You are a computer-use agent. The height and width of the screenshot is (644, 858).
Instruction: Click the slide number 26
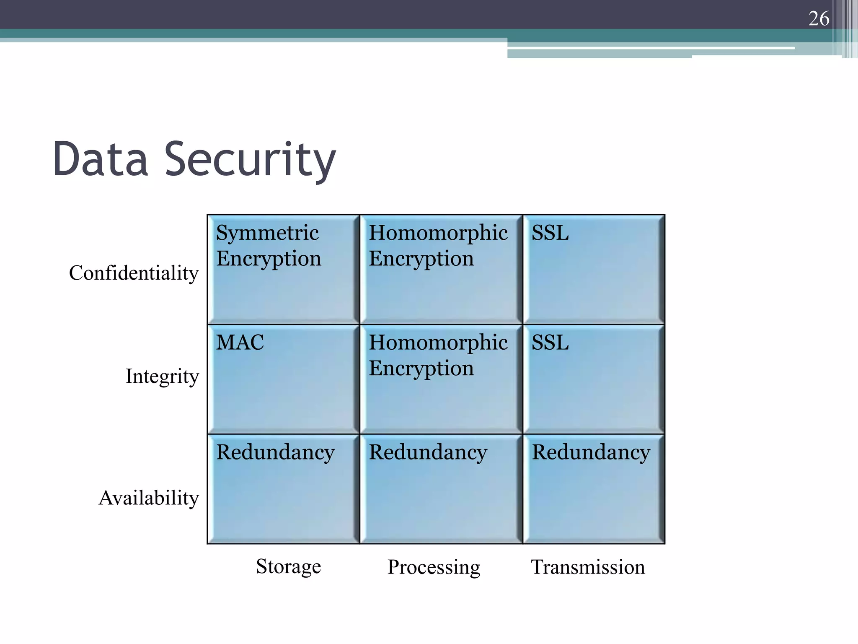819,19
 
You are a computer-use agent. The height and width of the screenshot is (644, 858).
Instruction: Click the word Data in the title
101,159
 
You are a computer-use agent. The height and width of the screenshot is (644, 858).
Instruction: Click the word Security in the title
250,160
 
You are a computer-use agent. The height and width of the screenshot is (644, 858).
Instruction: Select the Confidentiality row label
134,273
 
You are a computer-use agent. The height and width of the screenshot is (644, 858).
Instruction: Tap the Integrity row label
162,376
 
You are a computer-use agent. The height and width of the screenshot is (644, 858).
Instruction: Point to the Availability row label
149,498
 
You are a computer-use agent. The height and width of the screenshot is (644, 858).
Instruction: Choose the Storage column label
288,566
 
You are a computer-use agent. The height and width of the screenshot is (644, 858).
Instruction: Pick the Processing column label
434,567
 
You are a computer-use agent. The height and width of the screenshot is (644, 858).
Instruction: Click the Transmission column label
588,567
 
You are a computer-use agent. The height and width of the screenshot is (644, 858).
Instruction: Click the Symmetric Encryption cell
284,270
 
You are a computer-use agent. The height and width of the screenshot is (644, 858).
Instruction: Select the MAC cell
284,379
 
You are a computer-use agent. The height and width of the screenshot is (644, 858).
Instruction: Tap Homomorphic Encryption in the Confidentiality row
441,270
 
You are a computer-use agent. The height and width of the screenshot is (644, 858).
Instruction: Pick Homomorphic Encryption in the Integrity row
441,379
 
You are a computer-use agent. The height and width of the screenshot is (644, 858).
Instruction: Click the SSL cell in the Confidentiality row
594,270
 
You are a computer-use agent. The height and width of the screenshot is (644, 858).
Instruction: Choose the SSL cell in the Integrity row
594,379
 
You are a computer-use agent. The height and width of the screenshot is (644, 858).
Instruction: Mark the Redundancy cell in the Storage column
284,489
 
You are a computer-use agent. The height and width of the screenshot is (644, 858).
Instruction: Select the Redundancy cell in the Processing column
441,489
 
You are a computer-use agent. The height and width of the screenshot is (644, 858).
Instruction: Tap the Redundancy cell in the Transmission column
594,489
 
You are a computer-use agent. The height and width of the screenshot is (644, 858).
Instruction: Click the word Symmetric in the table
267,233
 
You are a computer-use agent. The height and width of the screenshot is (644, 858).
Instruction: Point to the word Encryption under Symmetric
269,258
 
